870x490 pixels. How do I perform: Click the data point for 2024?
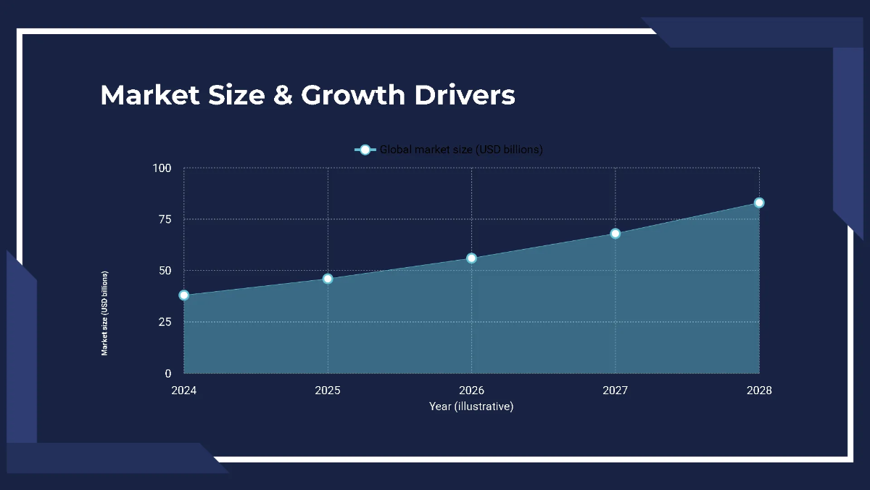pyautogui.click(x=184, y=295)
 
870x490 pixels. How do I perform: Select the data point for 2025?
pyautogui.click(x=328, y=279)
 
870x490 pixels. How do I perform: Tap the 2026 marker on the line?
pyautogui.click(x=472, y=258)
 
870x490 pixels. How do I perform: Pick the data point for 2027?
pyautogui.click(x=616, y=234)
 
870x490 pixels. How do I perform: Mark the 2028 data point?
pyautogui.click(x=759, y=203)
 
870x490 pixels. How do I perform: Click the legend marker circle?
pyautogui.click(x=365, y=150)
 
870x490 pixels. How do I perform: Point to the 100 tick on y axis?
pyautogui.click(x=162, y=168)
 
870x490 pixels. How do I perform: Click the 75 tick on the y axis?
pyautogui.click(x=165, y=219)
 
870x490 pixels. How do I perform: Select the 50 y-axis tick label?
pyautogui.click(x=165, y=271)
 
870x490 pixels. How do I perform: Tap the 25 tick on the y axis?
pyautogui.click(x=165, y=322)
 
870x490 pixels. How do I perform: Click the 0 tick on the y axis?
pyautogui.click(x=168, y=373)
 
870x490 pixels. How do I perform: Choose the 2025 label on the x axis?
pyautogui.click(x=328, y=391)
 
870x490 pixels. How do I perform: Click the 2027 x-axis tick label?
pyautogui.click(x=616, y=391)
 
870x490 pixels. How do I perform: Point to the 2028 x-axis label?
pyautogui.click(x=759, y=391)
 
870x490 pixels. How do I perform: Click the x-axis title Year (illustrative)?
pyautogui.click(x=471, y=407)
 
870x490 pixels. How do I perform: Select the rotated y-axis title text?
pyautogui.click(x=105, y=313)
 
